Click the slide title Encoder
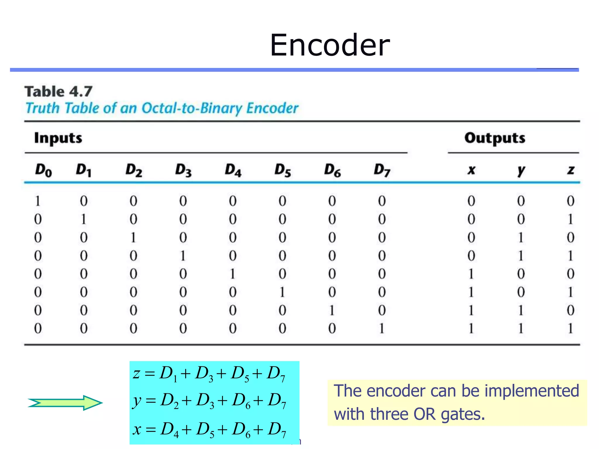pos(330,45)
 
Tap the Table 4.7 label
pos(58,91)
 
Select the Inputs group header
pos(58,138)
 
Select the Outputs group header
pos(495,138)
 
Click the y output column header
pos(521,170)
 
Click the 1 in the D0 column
pos(37,201)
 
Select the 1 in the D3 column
pos(183,256)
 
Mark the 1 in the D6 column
pos(332,310)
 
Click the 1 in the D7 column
pos(382,329)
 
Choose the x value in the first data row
pos(471,201)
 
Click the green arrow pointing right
pos(65,403)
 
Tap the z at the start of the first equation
pos(136,374)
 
